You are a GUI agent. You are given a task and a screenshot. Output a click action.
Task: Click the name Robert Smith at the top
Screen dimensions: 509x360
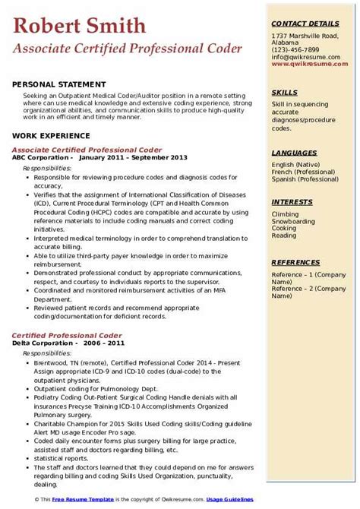pyautogui.click(x=80, y=27)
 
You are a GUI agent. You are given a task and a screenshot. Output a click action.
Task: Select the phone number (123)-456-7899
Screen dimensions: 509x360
pyautogui.click(x=298, y=49)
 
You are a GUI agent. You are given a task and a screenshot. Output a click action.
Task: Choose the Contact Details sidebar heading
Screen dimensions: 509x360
pyautogui.click(x=306, y=24)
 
